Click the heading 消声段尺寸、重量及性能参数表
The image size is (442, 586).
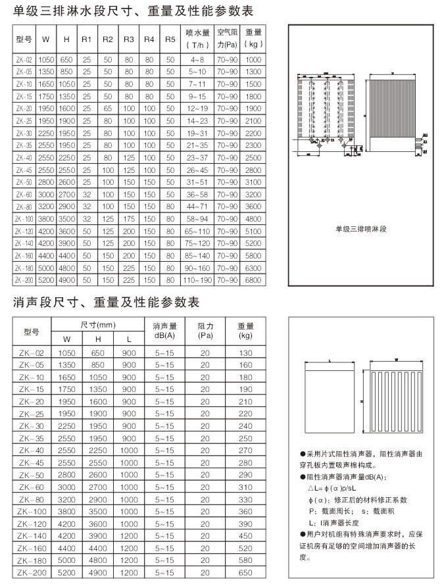click(105, 303)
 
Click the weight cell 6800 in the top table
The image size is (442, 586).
click(253, 280)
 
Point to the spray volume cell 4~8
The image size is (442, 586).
click(197, 59)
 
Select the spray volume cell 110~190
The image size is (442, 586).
click(197, 280)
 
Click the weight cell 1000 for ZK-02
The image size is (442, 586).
click(253, 59)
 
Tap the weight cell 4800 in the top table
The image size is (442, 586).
click(253, 218)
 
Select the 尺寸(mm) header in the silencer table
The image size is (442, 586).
click(98, 326)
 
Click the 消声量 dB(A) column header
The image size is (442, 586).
click(165, 331)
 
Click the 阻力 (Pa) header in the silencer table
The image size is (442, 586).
click(206, 331)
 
